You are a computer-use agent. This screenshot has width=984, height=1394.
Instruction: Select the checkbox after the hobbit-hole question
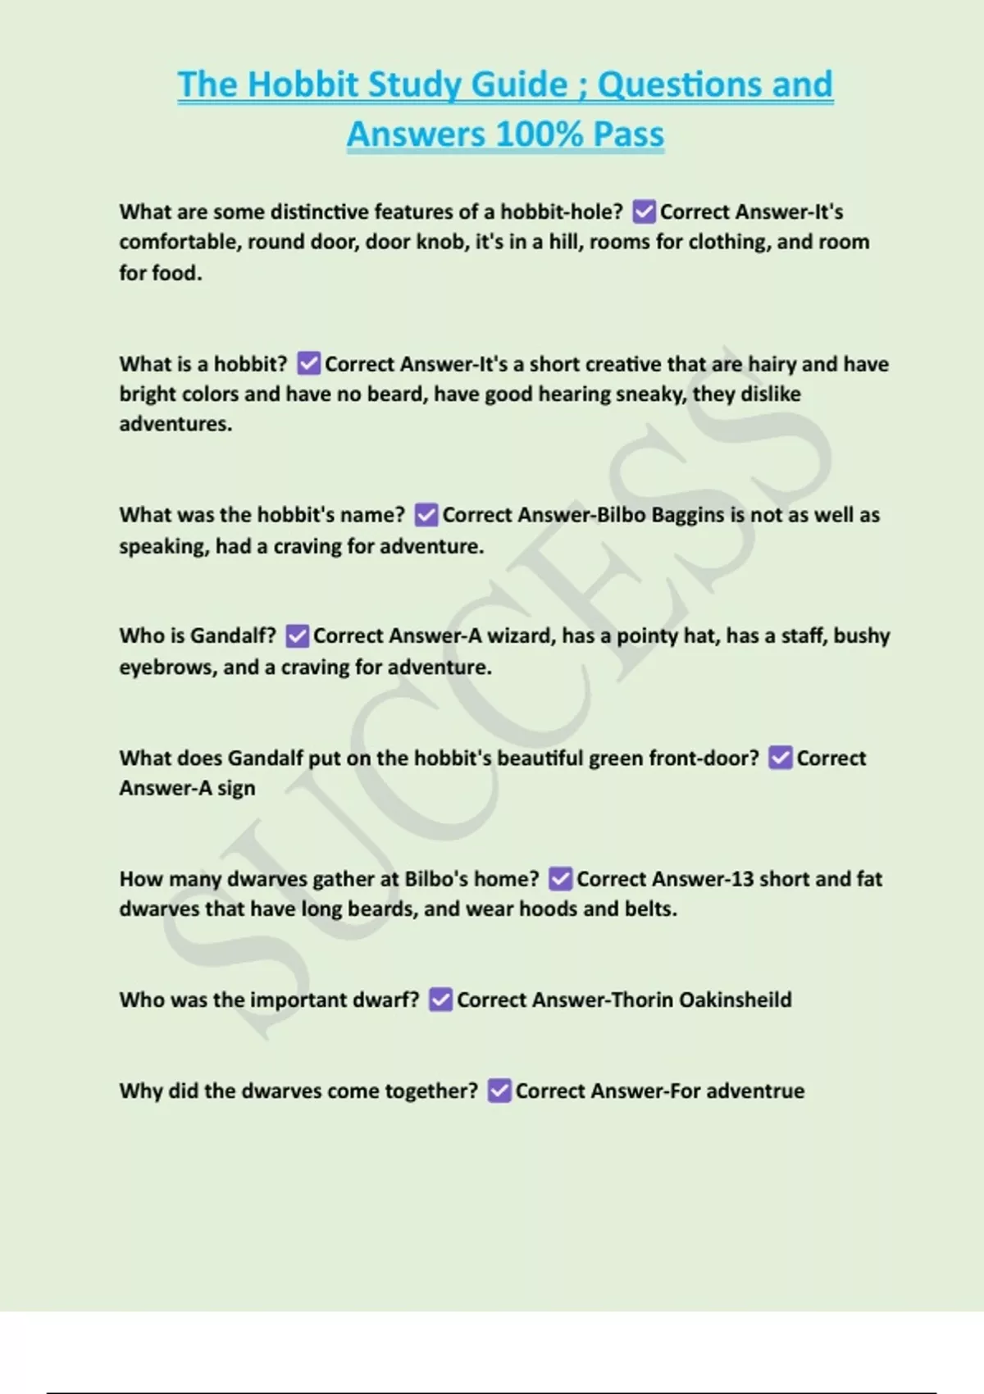point(645,212)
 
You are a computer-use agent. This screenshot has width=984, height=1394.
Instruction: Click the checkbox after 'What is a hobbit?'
point(309,363)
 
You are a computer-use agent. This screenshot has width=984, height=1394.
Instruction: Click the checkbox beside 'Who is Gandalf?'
point(298,635)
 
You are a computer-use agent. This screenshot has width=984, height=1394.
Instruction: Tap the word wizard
point(521,635)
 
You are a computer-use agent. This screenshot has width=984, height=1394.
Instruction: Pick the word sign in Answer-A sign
point(236,788)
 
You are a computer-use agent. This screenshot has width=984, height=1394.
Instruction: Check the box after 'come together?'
point(499,1091)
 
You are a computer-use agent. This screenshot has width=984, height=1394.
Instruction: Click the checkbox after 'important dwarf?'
point(441,1000)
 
